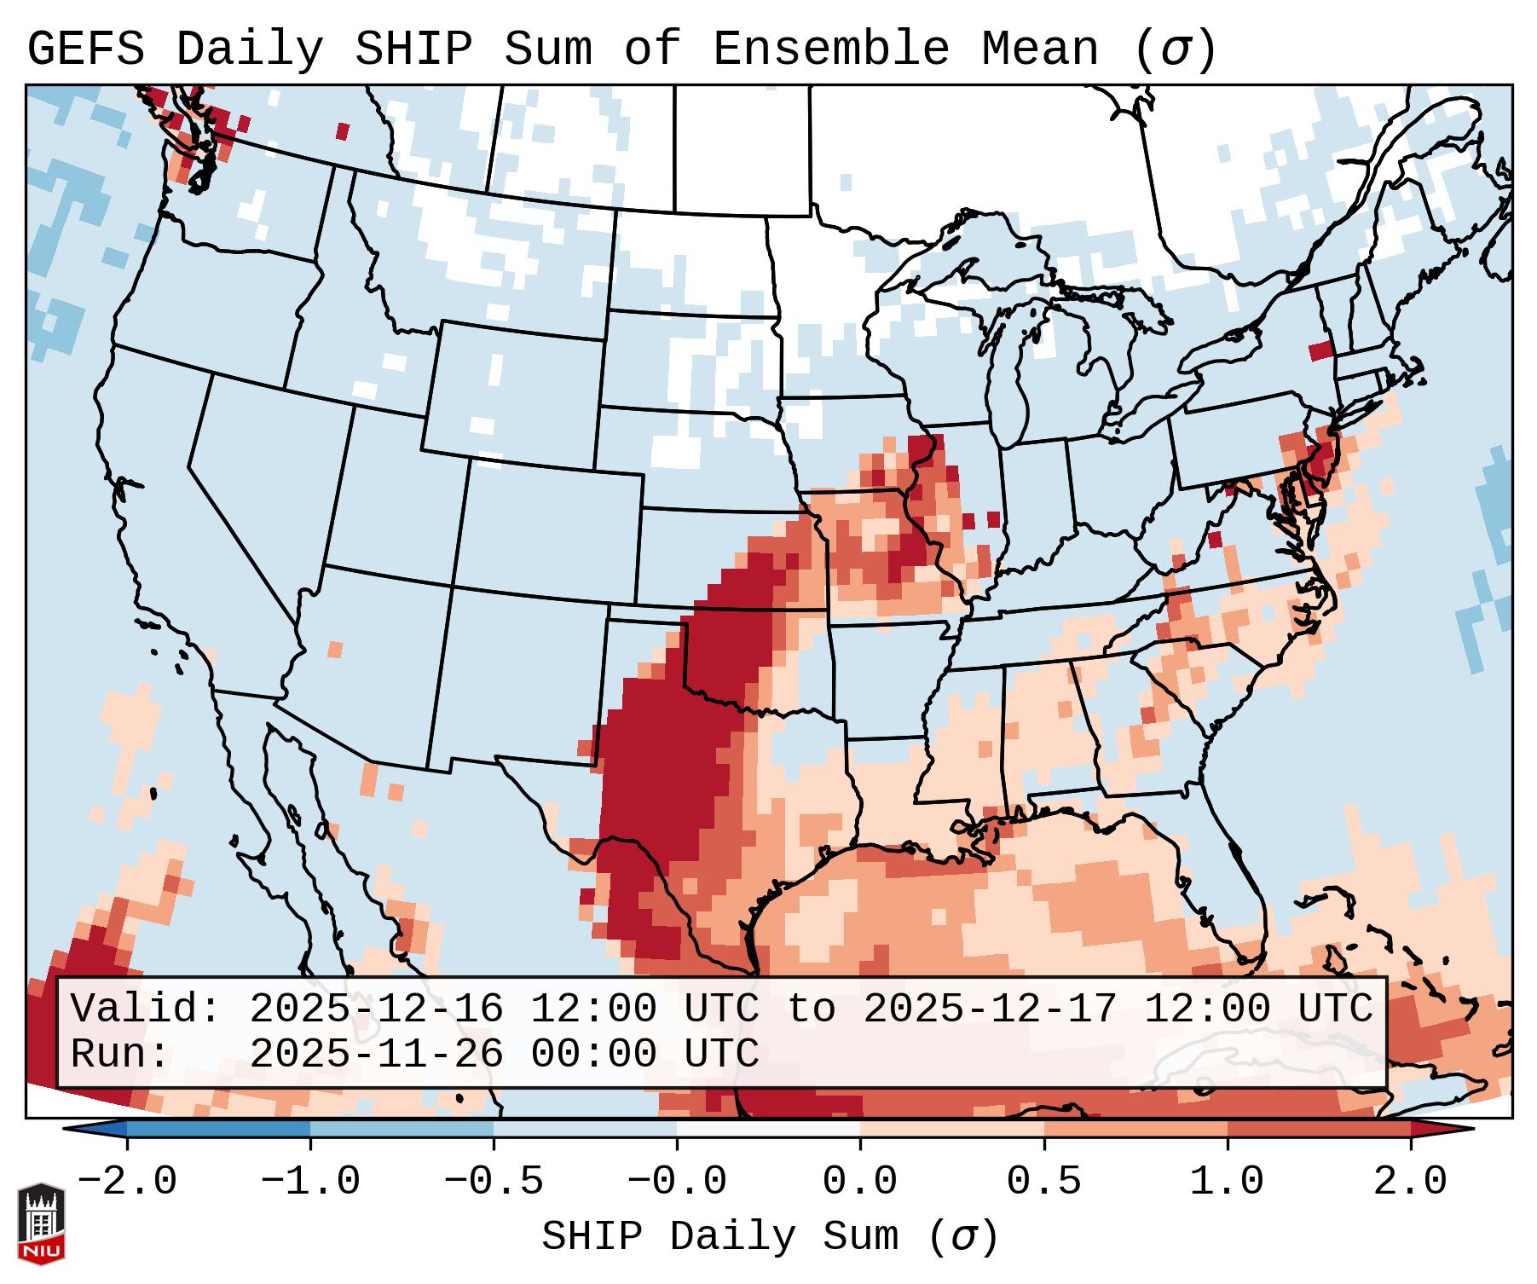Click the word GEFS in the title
85,49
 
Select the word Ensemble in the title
830,49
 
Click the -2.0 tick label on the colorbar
127,1182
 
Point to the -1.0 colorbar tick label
310,1182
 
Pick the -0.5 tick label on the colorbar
494,1182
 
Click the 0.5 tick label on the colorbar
1043,1182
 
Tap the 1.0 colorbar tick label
1227,1182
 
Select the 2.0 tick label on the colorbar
1410,1182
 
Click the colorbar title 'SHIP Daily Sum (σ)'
769,1237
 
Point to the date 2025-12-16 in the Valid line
376,1009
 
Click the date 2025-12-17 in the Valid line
990,1009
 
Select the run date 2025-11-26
376,1055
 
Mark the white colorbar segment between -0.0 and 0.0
768,1130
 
